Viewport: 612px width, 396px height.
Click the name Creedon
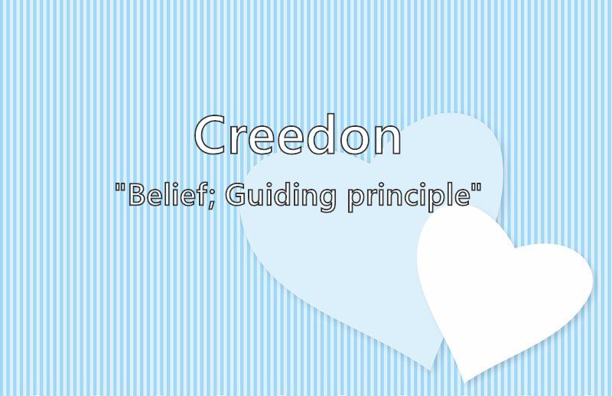pyautogui.click(x=298, y=135)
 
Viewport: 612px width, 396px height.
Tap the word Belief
pyautogui.click(x=170, y=194)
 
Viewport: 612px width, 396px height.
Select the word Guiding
pyautogui.click(x=280, y=196)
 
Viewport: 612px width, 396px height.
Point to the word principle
pyautogui.click(x=409, y=196)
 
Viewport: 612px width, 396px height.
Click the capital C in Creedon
pyautogui.click(x=211, y=135)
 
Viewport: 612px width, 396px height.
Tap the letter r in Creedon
pyautogui.click(x=239, y=140)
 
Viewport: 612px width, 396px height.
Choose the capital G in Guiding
pyautogui.click(x=236, y=194)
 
